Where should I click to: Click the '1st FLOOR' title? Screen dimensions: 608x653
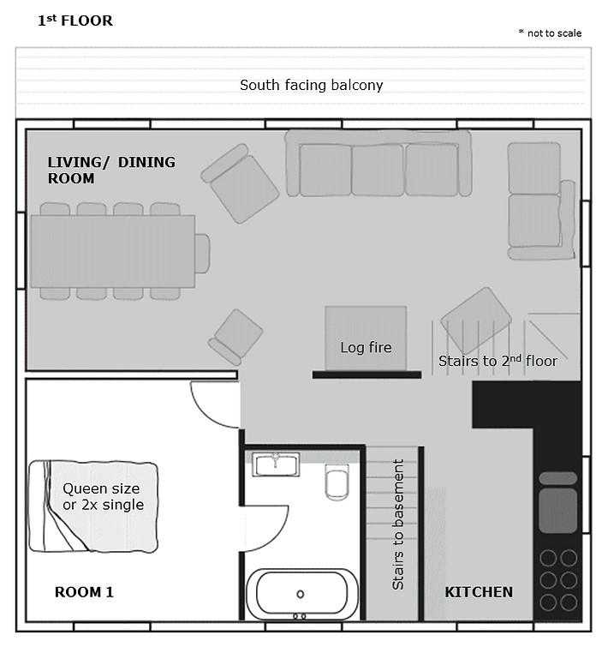pos(75,21)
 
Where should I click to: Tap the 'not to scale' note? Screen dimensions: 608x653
pos(550,33)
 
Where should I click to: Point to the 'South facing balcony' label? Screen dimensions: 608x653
pos(312,85)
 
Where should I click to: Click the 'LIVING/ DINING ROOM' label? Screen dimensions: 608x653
pos(111,170)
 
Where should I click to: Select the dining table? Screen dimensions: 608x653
pos(112,251)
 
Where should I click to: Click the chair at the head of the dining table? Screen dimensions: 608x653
pos(202,253)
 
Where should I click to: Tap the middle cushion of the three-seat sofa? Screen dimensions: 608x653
pos(378,170)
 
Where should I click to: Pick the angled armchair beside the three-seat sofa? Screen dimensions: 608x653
pos(240,183)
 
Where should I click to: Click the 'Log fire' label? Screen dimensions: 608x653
pos(366,347)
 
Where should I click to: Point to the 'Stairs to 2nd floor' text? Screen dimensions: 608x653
pos(498,361)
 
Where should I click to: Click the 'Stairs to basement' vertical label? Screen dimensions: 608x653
pos(398,524)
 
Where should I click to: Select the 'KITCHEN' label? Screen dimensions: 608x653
pos(479,592)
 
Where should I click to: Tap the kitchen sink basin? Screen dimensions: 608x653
pos(557,511)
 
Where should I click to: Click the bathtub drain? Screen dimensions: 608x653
pos(300,594)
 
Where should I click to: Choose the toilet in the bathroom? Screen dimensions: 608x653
pos(337,482)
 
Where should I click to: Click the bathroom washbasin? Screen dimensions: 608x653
pos(276,464)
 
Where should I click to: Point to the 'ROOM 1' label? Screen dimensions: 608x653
pos(84,592)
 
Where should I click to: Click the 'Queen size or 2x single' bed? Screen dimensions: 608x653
pos(93,506)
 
